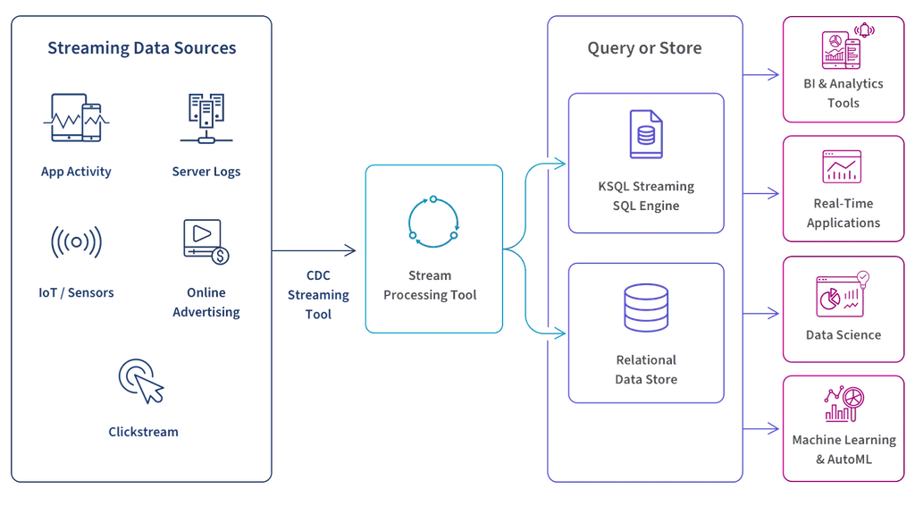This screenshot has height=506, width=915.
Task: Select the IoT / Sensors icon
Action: tap(76, 241)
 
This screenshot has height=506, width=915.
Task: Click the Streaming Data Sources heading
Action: tap(142, 47)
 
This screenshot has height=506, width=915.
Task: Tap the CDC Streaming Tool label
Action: tap(317, 295)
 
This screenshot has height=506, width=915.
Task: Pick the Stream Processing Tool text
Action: tap(431, 285)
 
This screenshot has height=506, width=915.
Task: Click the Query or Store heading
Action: tap(644, 47)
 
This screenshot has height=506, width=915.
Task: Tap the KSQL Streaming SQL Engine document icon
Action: tap(645, 134)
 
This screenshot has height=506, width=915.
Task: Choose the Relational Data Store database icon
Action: tap(645, 307)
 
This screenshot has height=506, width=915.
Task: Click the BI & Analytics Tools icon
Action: tap(844, 46)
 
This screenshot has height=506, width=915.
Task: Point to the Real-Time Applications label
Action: tap(844, 214)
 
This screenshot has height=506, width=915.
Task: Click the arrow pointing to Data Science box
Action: tap(760, 314)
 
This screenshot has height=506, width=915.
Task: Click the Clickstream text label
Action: tap(143, 433)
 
